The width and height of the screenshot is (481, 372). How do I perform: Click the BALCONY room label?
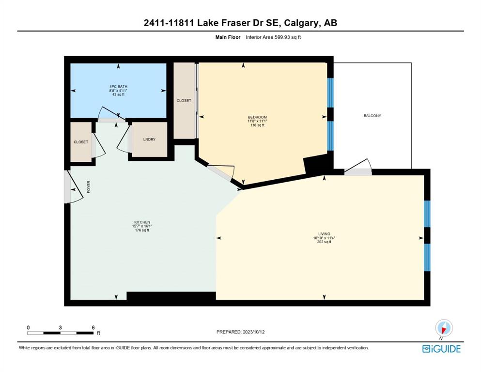coord(372,116)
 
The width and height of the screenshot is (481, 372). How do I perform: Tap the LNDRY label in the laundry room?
coord(149,139)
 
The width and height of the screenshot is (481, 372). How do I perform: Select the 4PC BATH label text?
coord(118,87)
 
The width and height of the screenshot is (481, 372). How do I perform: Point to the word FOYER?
coord(89,187)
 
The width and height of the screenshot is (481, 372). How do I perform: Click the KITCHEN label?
coord(142,222)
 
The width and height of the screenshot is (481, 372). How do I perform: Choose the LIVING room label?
coord(324,233)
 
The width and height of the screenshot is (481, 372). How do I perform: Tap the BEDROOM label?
coord(257,117)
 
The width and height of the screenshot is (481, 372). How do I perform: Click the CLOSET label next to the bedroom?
coord(184,101)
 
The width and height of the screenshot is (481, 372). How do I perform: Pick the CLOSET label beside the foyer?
coord(81,142)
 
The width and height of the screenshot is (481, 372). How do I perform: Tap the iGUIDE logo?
coord(441,349)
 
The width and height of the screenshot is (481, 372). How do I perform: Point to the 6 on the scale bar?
coord(93,327)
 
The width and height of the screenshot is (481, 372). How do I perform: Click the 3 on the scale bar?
coord(60,327)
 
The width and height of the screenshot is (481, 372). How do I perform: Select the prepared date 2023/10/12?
coord(254,332)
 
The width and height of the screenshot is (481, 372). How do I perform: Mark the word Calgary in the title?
coord(301,23)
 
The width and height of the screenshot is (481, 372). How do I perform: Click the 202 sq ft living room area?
coord(324,242)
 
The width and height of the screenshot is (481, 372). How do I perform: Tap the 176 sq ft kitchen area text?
coord(142,230)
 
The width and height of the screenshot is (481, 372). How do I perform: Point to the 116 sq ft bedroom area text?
coord(257,125)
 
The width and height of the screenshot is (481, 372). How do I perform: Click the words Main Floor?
coord(228,37)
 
